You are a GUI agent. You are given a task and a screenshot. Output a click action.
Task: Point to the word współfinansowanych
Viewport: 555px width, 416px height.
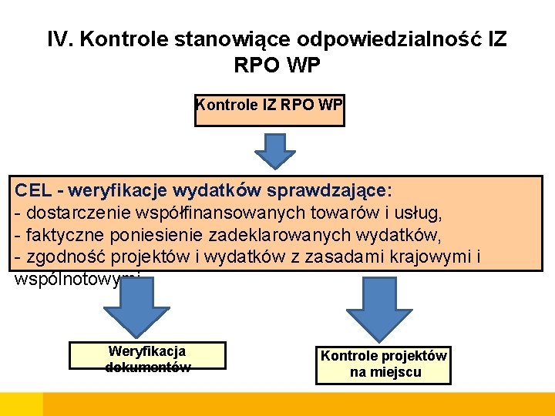(x=207, y=212)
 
